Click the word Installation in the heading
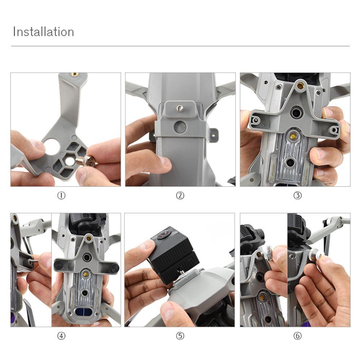[44, 32]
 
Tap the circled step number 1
[61, 195]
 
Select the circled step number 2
[180, 195]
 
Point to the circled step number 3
[298, 195]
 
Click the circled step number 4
[61, 336]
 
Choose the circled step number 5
[180, 336]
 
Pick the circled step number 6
[298, 336]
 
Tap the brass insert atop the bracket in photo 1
[74, 74]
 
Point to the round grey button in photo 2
[180, 127]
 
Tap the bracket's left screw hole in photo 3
[255, 120]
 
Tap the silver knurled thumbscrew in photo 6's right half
[316, 253]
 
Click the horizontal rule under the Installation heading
[180, 46]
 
